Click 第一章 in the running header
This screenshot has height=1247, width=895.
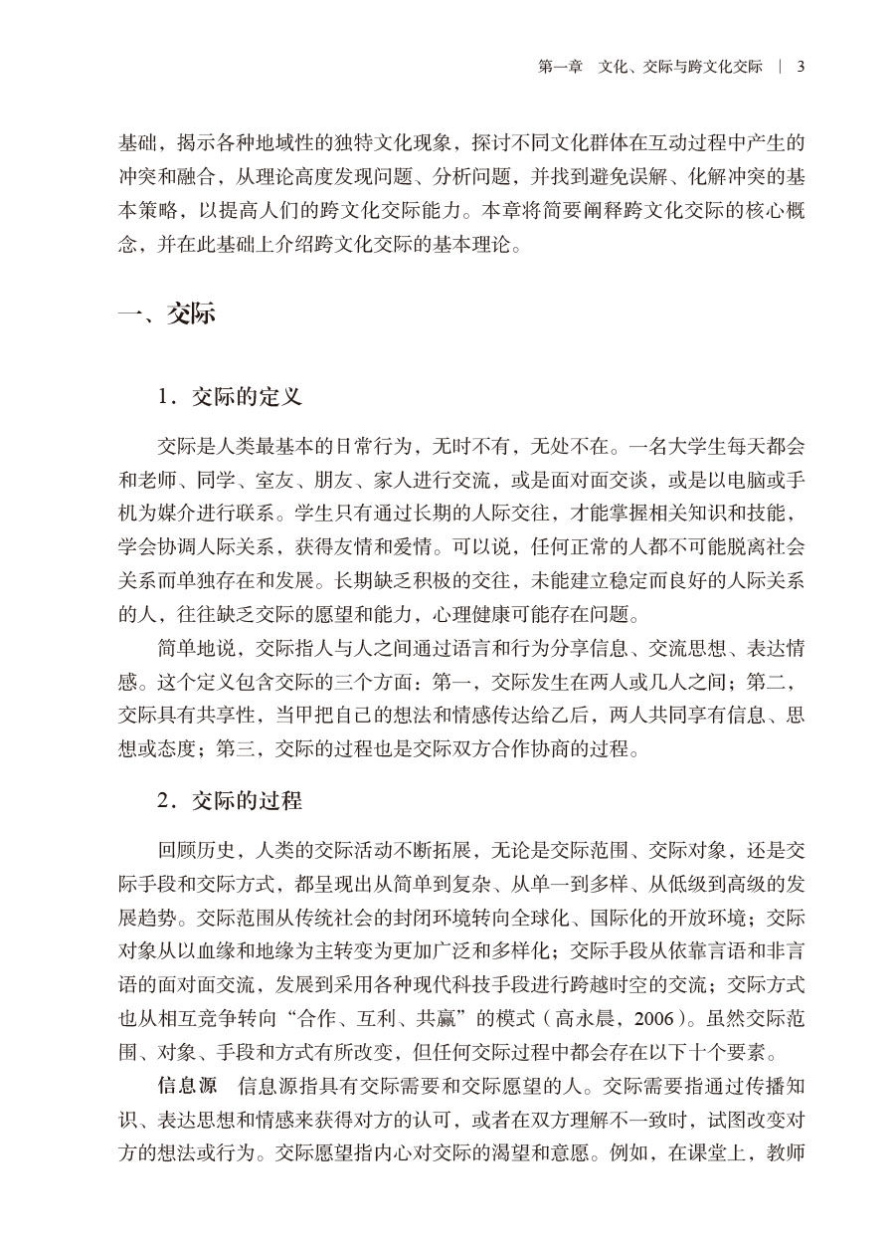pyautogui.click(x=560, y=67)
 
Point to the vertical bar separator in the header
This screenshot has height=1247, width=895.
pyautogui.click(x=781, y=67)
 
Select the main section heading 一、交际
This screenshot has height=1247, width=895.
pyautogui.click(x=166, y=315)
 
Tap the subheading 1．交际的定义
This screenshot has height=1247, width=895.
pyautogui.click(x=229, y=397)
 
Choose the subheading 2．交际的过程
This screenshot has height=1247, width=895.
pyautogui.click(x=229, y=801)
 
